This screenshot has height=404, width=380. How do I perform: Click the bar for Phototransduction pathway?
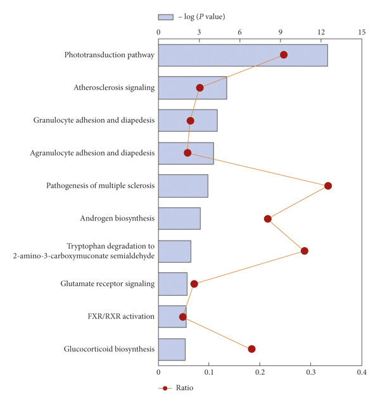[243, 55]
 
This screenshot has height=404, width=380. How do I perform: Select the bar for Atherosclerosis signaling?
[193, 87]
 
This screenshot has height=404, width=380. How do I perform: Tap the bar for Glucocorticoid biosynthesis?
[172, 350]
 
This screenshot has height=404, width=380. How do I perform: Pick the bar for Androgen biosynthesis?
[179, 218]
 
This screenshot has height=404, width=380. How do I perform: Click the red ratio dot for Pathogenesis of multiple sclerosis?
[328, 186]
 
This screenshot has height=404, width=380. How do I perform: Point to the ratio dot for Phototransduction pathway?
[284, 55]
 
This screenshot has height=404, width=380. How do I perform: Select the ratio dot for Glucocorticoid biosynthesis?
[251, 349]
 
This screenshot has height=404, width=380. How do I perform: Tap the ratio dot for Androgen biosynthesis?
[268, 218]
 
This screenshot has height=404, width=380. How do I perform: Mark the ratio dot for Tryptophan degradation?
[304, 251]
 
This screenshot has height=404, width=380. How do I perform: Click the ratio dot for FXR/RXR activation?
[183, 317]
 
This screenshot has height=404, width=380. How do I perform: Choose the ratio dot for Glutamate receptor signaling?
[194, 284]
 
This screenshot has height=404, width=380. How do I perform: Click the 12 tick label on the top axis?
[321, 32]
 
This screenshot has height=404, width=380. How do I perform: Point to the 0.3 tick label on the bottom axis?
[311, 372]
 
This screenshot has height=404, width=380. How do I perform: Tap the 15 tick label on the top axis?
[362, 32]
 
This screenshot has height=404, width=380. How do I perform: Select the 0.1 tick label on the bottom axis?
[209, 372]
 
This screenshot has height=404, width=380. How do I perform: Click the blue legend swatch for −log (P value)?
[166, 17]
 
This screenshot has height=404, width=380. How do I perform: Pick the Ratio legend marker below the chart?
[165, 388]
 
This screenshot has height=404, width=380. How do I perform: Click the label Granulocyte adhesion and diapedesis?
[94, 120]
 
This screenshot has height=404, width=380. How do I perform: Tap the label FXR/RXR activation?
[121, 317]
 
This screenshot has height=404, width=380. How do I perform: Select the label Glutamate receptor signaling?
[108, 284]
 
